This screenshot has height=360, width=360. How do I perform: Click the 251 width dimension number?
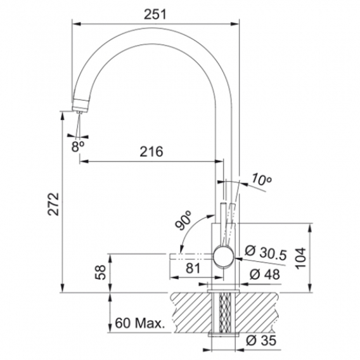(155, 14)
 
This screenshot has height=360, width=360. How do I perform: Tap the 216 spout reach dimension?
(151, 151)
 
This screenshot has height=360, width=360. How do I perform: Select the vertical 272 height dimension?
(53, 204)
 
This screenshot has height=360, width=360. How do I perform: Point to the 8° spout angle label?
(78, 146)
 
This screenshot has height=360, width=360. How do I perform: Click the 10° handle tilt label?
(262, 180)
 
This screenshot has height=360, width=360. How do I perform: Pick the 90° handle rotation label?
(183, 221)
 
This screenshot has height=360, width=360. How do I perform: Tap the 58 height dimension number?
(100, 273)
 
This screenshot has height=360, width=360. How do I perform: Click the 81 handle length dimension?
(193, 268)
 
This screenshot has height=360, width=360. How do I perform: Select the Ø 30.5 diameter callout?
(266, 253)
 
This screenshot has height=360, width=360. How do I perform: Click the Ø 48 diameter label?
(265, 274)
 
